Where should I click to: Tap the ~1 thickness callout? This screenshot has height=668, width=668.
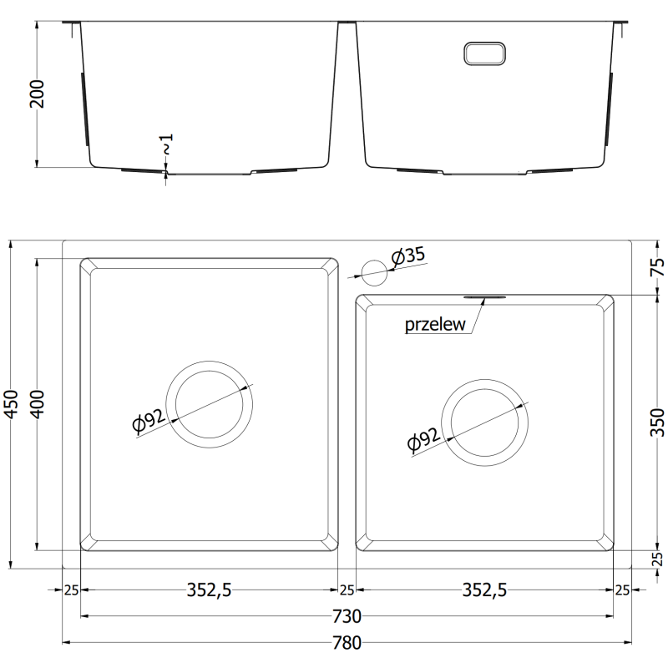[x=167, y=144]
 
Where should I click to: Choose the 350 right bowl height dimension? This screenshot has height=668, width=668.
[x=656, y=422]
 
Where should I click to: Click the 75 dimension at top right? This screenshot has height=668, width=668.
[x=656, y=268]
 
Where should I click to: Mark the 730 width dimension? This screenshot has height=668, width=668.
[x=346, y=617]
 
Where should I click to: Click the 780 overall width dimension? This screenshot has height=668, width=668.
[x=346, y=643]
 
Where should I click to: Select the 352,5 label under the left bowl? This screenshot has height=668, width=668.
[x=208, y=590]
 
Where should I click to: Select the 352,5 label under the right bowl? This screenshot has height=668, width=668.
[x=483, y=590]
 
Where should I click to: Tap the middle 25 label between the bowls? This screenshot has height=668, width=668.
[x=347, y=590]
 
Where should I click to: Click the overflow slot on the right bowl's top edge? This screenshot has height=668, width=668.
[x=483, y=296]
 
